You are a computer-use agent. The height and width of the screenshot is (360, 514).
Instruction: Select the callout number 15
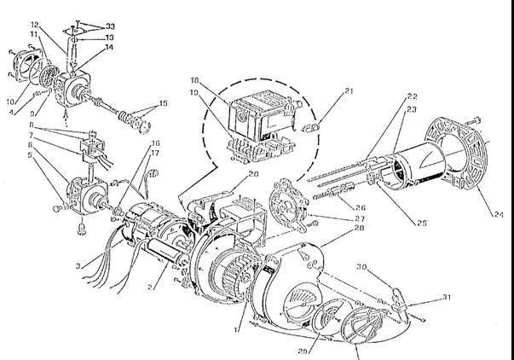click(163, 105)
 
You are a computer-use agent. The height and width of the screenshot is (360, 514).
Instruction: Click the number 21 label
click(326, 90)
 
